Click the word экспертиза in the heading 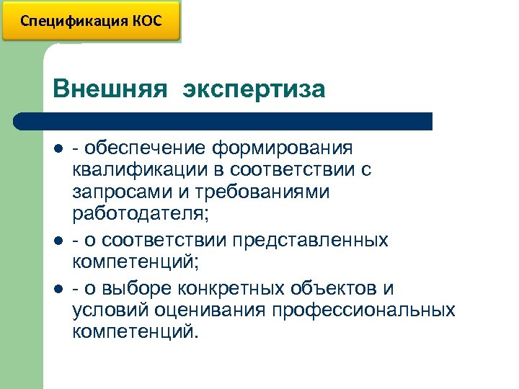point(254,89)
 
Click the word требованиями point(254,192)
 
